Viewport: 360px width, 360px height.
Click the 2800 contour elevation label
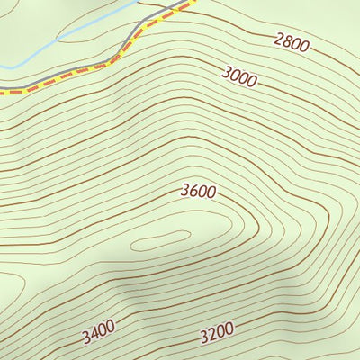291,41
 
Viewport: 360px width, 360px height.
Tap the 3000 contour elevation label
238,76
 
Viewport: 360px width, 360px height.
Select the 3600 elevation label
198,191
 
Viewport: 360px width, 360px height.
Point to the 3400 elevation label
98,335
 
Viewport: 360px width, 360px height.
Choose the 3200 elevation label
217,335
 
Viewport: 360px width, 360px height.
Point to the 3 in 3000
225,72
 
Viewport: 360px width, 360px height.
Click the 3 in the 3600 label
184,192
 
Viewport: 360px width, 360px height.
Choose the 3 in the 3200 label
203,337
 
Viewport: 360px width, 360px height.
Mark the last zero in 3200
230,333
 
